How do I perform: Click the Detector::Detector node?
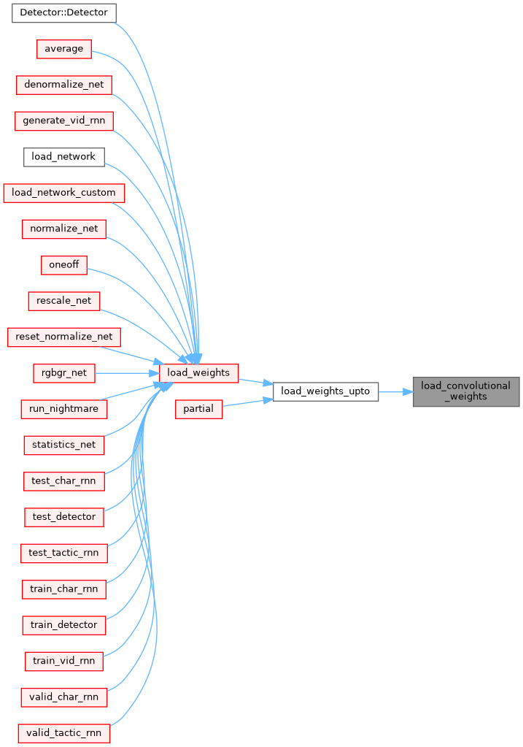63,12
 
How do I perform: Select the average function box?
63,49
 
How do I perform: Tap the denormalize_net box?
63,85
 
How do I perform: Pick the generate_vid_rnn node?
63,120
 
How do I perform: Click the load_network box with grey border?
63,157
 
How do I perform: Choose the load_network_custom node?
63,193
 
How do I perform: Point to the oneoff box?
63,265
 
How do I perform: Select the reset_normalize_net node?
63,337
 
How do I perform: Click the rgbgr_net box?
63,373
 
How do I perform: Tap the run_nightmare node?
63,409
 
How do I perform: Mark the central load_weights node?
198,372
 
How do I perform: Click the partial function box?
198,409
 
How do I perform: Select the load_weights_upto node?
325,391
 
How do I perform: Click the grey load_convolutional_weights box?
466,391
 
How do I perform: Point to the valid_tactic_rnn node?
63,732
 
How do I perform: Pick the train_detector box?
63,625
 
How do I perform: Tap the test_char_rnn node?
63,481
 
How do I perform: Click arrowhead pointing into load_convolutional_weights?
408,391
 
